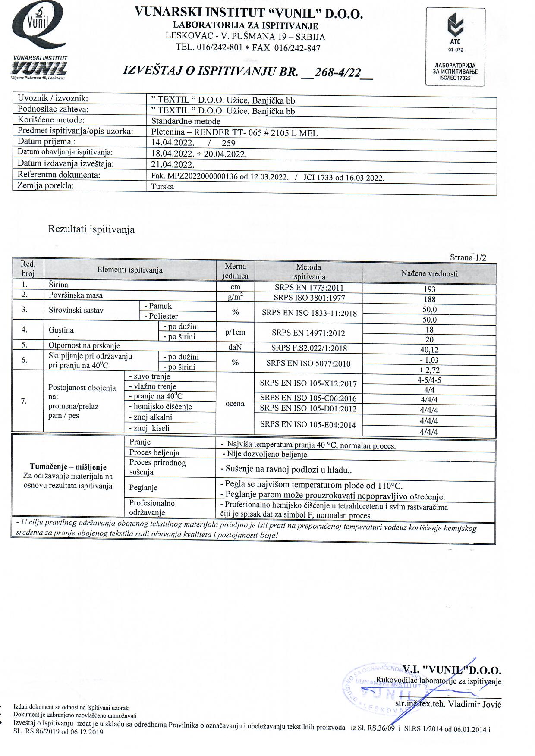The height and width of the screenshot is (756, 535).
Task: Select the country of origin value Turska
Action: pos(163,187)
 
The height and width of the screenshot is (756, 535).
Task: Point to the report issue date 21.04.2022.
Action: pos(173,164)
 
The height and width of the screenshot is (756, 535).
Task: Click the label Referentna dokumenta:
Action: pos(59,175)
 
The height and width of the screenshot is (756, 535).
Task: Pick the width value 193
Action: pos(429,289)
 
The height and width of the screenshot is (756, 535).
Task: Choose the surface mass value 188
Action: pos(429,299)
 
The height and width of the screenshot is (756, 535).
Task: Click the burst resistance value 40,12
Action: pos(429,350)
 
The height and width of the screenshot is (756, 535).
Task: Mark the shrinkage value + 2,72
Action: pos(429,370)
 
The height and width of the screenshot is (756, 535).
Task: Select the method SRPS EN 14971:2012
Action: pos(308,333)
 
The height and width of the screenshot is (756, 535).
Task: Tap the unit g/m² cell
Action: pos(235,297)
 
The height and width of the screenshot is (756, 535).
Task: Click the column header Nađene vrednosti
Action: pos(429,273)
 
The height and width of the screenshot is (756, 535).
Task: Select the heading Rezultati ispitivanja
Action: pos(91,229)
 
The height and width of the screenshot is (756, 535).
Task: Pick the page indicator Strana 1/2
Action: pos(468,258)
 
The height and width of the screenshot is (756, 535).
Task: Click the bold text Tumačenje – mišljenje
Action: pos(68,467)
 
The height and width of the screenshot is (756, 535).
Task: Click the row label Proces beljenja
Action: pos(154,452)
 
